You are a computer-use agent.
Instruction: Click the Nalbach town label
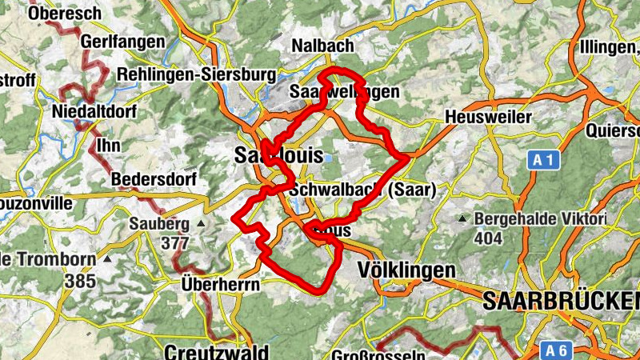(323, 45)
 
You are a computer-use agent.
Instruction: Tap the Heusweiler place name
(488, 118)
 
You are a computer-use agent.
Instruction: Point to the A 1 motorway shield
(544, 161)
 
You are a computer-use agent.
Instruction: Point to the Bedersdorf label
(154, 178)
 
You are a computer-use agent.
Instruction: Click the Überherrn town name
(210, 284)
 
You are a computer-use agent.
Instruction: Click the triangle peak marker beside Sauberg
(201, 223)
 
